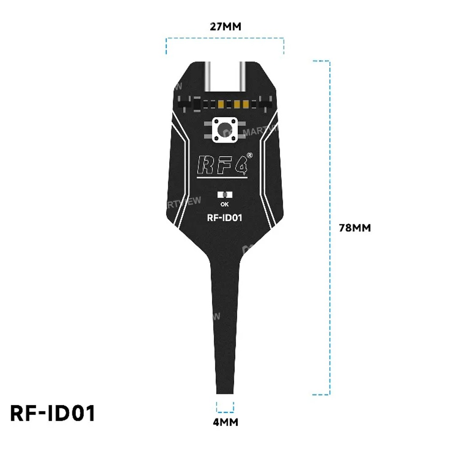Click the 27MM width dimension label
(225, 27)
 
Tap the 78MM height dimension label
(355, 228)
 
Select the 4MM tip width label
(225, 422)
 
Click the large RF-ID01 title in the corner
(53, 414)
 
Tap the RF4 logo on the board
(222, 164)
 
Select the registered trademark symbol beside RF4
(249, 155)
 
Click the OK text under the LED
(225, 203)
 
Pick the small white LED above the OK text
(225, 195)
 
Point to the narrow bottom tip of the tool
(225, 388)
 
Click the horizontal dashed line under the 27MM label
(225, 39)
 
